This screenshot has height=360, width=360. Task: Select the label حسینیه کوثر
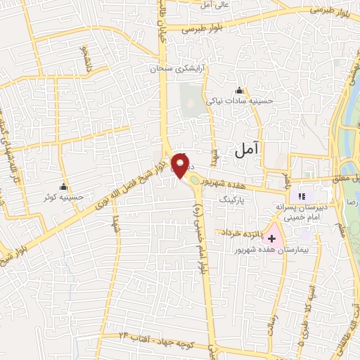pyautogui.click(x=64, y=198)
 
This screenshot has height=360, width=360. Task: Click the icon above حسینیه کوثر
pyautogui.click(x=64, y=187)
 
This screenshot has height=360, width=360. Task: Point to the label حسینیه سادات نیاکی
pyautogui.click(x=238, y=101)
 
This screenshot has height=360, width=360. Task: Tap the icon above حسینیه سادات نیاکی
pyautogui.click(x=239, y=90)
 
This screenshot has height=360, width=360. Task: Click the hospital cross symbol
pyautogui.click(x=272, y=239)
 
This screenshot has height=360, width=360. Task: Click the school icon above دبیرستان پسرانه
pyautogui.click(x=302, y=196)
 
